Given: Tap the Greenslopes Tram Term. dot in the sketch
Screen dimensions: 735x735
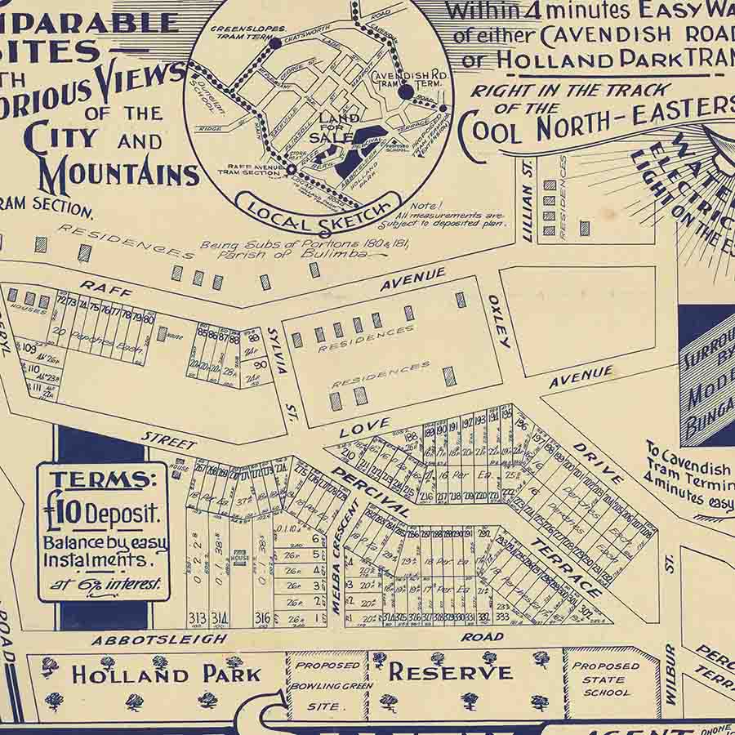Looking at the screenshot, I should [x=275, y=43].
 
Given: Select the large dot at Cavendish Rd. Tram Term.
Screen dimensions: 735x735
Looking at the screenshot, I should [x=406, y=92].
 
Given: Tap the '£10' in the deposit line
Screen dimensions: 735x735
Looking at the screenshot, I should [x=65, y=514].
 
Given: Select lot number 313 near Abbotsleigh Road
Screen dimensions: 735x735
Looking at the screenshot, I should [x=197, y=617].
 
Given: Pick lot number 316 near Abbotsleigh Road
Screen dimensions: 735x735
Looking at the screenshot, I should [x=261, y=617].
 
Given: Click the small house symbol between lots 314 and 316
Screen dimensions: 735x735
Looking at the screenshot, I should [x=240, y=558].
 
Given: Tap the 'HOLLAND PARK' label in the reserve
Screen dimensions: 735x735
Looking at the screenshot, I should [x=166, y=675].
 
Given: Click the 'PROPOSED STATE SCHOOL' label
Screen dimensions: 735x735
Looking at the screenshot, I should [x=606, y=679].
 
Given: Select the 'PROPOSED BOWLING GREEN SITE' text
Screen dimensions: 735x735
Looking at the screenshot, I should [x=327, y=686].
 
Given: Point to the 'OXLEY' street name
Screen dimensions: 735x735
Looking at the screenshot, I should [x=499, y=321].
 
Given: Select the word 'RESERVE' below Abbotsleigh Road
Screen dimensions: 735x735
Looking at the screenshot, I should [x=450, y=672].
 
